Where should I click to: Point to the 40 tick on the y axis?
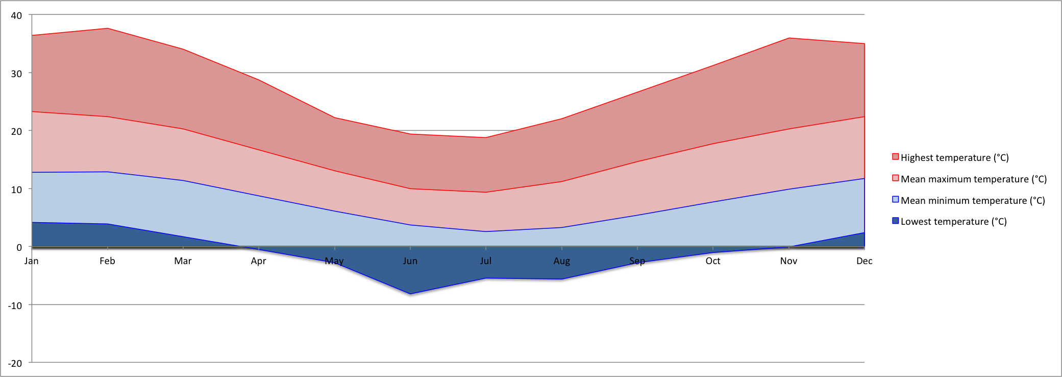coord(16,15)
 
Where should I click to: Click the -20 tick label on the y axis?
coord(15,363)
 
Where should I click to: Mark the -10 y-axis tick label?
coord(15,305)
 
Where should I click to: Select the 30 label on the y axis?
coord(16,74)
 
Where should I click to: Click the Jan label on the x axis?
coord(32,261)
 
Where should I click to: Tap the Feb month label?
coord(107,261)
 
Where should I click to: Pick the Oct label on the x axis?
coord(713,261)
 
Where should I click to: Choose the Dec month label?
coord(864,261)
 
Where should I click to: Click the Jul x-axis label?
coord(485,261)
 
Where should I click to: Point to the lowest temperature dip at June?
coord(410,294)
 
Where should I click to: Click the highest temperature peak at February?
coord(107,29)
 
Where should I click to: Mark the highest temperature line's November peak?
coord(788,38)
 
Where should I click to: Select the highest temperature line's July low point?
coord(485,137)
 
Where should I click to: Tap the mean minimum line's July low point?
coord(485,231)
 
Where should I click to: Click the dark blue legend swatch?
coord(895,221)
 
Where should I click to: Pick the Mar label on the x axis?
coord(183,261)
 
